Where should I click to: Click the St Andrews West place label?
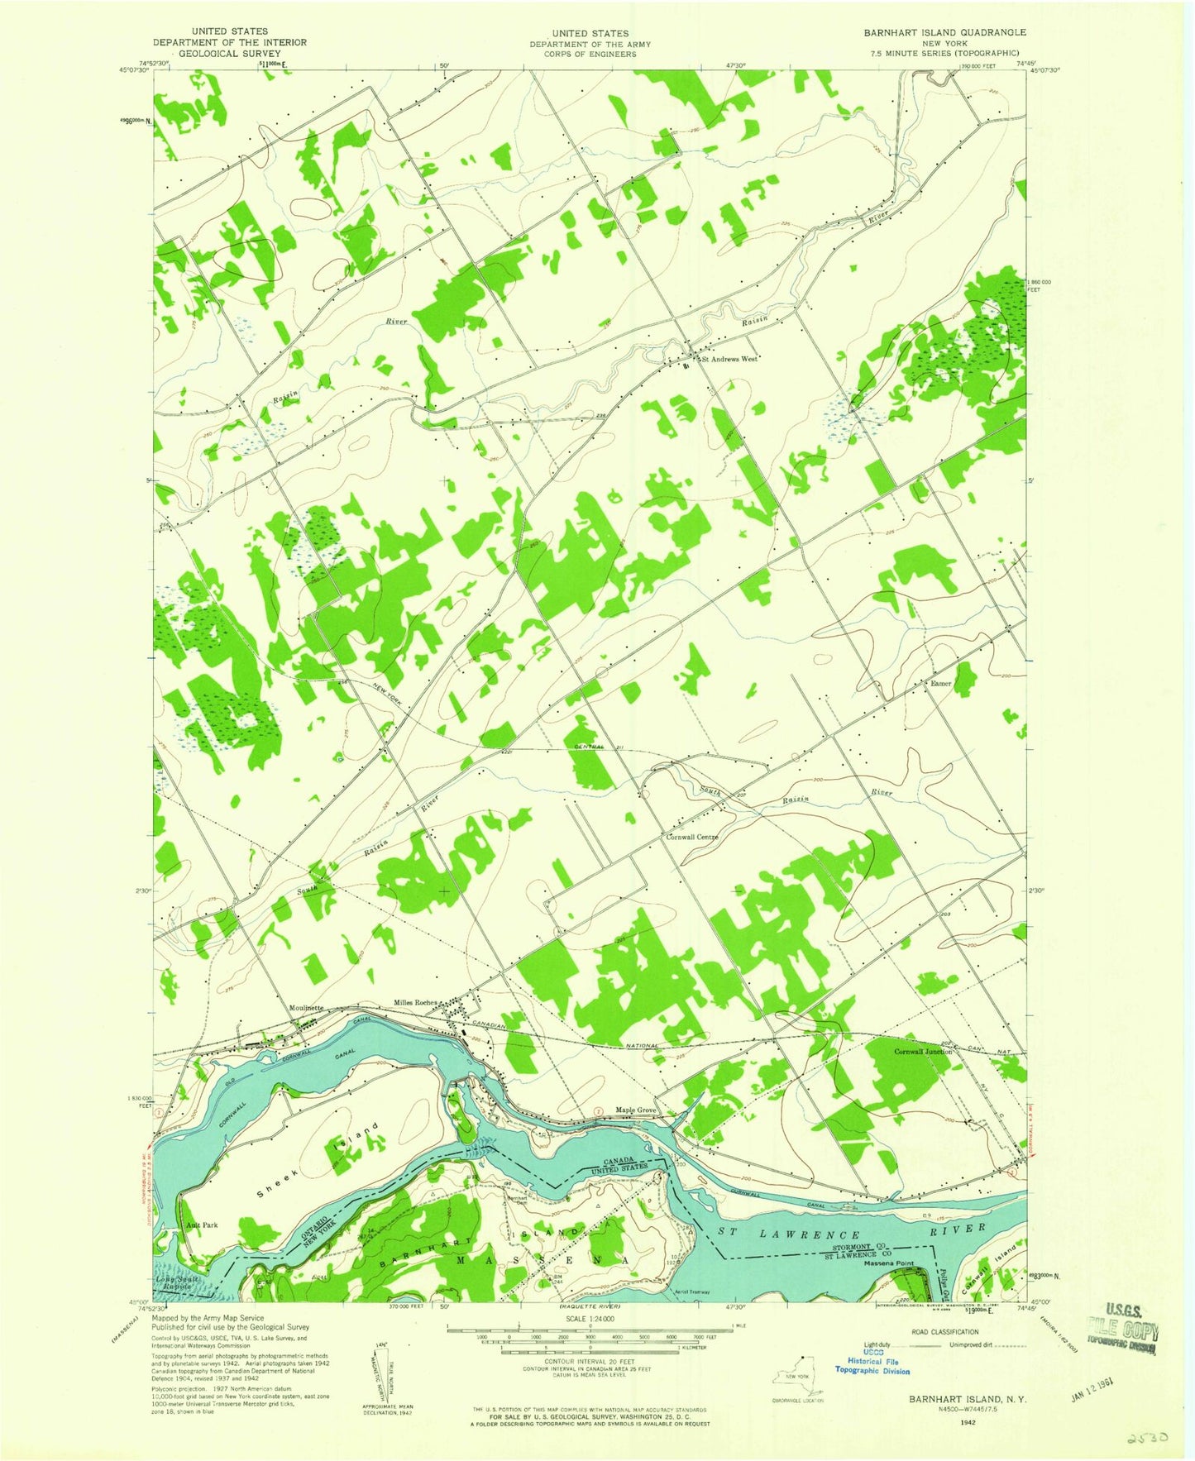click(729, 360)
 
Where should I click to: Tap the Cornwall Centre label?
click(692, 837)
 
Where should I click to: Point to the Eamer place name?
click(940, 684)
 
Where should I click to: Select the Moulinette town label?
click(306, 1009)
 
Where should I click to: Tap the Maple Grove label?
click(635, 1110)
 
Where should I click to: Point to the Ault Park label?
click(202, 1225)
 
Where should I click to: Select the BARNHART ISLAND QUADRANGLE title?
click(944, 32)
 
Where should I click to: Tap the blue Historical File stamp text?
click(872, 1362)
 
